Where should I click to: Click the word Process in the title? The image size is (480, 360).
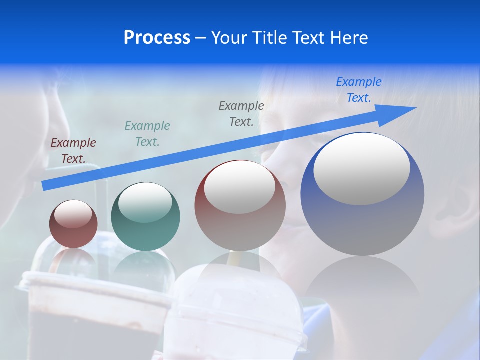[157, 37]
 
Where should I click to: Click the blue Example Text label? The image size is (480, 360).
[359, 90]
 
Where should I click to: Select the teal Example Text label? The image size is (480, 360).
[147, 134]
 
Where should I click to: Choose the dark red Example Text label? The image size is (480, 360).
[73, 151]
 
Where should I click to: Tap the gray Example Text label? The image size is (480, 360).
[241, 113]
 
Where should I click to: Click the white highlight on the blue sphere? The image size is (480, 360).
[361, 169]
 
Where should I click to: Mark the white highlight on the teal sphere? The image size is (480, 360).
[145, 202]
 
